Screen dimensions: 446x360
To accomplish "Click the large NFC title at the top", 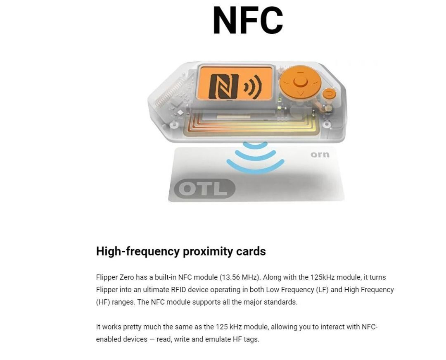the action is (x=248, y=20).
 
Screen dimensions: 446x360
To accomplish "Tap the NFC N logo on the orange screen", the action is (x=223, y=86).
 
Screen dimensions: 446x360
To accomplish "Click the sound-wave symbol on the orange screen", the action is (x=253, y=86).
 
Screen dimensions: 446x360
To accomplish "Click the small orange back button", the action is (x=329, y=93).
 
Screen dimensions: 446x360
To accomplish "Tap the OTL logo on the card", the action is (x=204, y=188).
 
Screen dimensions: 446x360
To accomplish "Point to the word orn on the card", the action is (x=320, y=155).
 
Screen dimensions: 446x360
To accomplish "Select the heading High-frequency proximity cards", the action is (x=181, y=251).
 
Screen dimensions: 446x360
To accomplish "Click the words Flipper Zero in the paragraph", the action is (x=115, y=277).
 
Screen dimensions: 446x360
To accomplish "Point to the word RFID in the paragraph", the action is (x=178, y=290).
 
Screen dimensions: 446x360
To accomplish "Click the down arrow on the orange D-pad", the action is (x=300, y=93).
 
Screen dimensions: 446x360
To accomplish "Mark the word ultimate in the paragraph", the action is (x=156, y=290).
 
